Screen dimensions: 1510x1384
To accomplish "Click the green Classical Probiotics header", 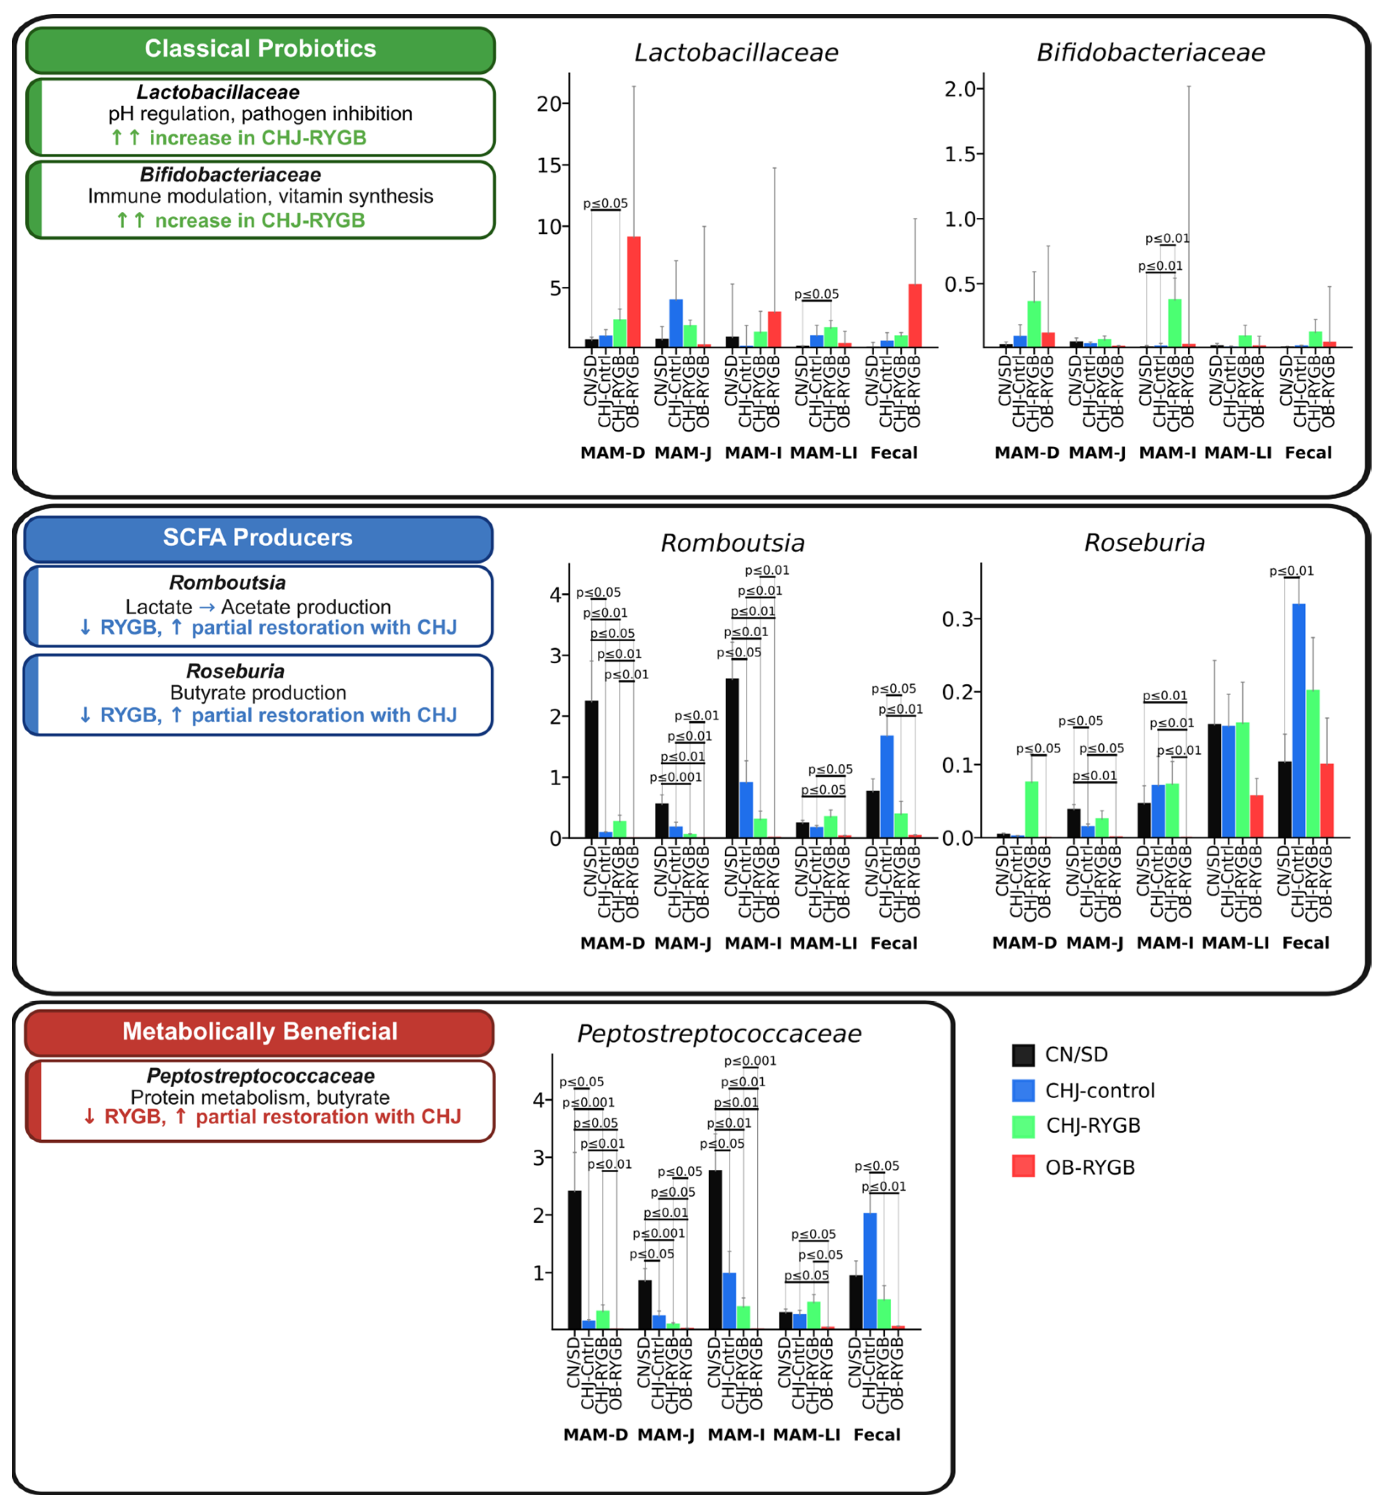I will [x=260, y=49].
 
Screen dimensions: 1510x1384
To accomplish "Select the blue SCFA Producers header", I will [x=258, y=538].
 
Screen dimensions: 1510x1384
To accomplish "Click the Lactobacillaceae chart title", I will [x=736, y=53].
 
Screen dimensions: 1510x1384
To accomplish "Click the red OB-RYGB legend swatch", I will [x=1023, y=1167].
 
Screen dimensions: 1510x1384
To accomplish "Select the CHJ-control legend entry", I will [x=1099, y=1091].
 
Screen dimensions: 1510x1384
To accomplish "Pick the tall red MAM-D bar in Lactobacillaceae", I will [x=633, y=292].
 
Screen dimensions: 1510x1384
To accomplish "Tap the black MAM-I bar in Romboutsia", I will [x=732, y=758].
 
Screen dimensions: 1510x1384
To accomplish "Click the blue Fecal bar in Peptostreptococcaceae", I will [x=870, y=1271].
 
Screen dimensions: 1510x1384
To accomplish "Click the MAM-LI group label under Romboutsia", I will [x=823, y=943].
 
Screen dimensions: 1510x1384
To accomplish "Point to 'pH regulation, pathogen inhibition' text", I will [x=260, y=114].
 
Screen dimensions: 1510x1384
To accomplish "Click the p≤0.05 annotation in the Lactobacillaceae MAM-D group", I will [x=605, y=204].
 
